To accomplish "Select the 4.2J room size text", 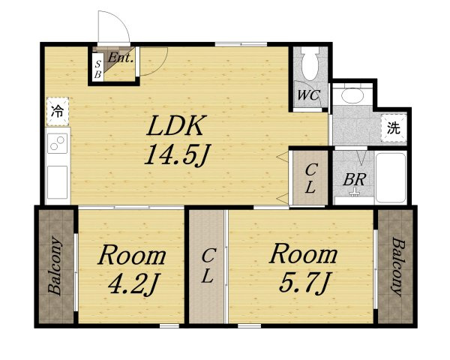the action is click(x=133, y=283).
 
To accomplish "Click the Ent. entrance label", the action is click(x=121, y=58).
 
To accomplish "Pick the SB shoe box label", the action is click(x=97, y=69).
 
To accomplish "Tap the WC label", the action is click(x=308, y=94).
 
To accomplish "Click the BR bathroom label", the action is click(x=355, y=180).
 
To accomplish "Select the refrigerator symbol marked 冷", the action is click(x=58, y=112).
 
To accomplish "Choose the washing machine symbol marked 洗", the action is click(x=394, y=128).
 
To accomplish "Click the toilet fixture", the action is click(x=310, y=63).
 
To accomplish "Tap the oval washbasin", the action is click(x=352, y=96).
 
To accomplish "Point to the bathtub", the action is click(x=390, y=178).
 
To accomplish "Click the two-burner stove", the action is click(x=58, y=143).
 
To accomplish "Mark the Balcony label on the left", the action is click(x=55, y=265).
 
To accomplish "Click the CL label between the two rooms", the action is click(x=207, y=265).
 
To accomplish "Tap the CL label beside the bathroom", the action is click(x=310, y=178).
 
